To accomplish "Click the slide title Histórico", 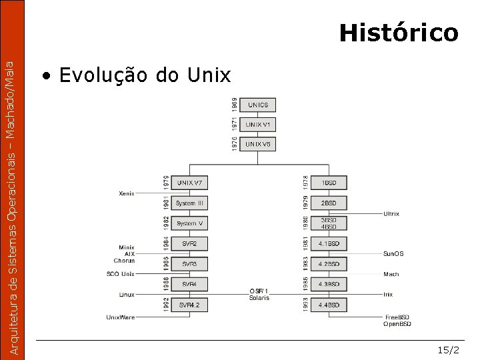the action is [398, 33].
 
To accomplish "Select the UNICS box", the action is [258, 105].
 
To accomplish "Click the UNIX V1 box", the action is [258, 125].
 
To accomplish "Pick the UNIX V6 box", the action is [258, 144].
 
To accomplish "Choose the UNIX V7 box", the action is [191, 183].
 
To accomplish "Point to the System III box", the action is [191, 203].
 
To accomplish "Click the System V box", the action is [191, 223].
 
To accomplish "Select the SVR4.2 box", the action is [191, 305].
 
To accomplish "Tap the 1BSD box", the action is [329, 183].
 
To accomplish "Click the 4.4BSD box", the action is [329, 305].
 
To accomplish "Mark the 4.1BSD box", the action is [329, 244].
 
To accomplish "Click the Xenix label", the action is [127, 193].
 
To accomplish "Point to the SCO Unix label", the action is [121, 274].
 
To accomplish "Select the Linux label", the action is [127, 294].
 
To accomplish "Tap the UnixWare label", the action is [121, 317].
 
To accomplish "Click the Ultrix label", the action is [391, 214].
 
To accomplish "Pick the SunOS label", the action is [393, 253].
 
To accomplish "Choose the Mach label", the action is [391, 274].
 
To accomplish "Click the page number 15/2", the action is [449, 349].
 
